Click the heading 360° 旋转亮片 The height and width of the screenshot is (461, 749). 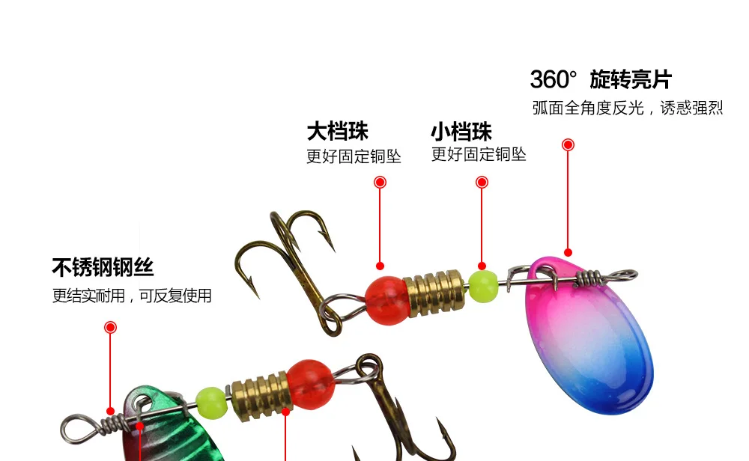click(601, 79)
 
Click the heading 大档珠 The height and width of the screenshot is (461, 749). click(337, 131)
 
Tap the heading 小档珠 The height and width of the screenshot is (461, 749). click(461, 131)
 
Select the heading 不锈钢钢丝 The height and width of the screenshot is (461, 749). click(103, 267)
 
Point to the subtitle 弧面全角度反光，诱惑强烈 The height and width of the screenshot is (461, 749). click(628, 108)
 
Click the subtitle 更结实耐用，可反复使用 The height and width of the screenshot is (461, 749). click(132, 296)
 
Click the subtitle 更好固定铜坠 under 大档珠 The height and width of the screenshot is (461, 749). click(354, 156)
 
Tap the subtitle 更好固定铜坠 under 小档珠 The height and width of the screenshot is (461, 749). click(479, 154)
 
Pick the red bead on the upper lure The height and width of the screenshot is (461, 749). click(387, 301)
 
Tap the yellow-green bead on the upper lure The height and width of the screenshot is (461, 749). click(483, 287)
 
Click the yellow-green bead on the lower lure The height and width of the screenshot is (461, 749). click(211, 403)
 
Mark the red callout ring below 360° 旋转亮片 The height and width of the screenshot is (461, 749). click(568, 144)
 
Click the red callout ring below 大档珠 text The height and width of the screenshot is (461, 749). click(380, 182)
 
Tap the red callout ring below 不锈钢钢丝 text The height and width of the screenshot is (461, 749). click(110, 327)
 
